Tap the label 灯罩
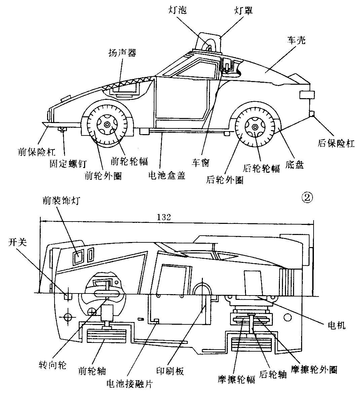coord(243,10)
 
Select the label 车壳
coord(296,41)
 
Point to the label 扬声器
coord(122,53)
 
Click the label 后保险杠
coord(336,144)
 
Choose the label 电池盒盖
coord(167,175)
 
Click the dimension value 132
coord(164,217)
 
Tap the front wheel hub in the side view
coord(107,125)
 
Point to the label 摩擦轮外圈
coord(315,370)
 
